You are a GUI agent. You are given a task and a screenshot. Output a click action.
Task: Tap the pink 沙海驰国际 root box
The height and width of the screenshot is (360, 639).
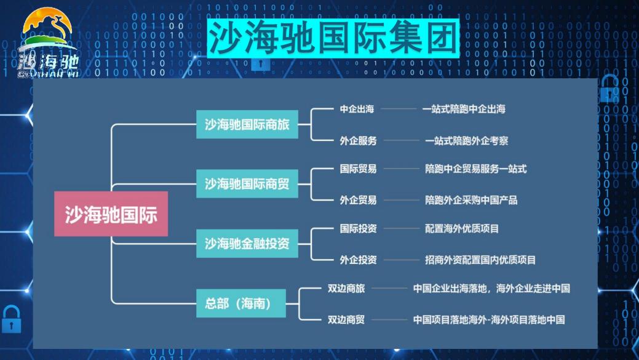click(111, 214)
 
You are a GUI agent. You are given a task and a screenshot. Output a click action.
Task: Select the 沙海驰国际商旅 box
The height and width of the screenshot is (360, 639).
click(247, 124)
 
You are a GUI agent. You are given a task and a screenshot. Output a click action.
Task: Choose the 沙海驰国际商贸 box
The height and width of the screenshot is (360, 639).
click(247, 184)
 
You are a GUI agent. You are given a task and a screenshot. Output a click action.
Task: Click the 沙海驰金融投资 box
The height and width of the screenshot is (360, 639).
click(247, 244)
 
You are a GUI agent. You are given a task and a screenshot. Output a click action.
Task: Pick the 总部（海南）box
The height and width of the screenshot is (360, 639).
click(241, 303)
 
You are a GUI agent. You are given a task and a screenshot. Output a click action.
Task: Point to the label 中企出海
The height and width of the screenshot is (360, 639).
click(357, 109)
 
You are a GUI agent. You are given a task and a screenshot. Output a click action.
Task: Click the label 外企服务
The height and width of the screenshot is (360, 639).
click(358, 141)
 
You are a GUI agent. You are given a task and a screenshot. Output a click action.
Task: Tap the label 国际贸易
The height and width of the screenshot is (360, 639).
click(358, 169)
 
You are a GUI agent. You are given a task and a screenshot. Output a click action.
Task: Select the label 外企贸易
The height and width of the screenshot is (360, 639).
click(358, 200)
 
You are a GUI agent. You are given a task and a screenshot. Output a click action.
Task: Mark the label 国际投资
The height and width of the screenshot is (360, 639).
click(358, 228)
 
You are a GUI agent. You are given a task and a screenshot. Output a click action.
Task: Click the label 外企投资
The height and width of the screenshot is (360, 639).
click(358, 260)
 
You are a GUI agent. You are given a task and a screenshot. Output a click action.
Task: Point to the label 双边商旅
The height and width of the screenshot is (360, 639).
click(346, 288)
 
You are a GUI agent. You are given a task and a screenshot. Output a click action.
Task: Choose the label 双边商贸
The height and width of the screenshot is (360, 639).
click(346, 319)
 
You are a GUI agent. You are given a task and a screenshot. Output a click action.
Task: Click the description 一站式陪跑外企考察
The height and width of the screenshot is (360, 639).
click(467, 141)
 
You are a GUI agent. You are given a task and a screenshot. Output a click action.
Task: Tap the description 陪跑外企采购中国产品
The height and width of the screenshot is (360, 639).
click(471, 200)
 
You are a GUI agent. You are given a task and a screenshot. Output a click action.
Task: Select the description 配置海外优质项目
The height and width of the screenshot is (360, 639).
click(462, 228)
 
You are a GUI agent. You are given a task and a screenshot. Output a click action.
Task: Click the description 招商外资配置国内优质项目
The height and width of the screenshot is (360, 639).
click(480, 260)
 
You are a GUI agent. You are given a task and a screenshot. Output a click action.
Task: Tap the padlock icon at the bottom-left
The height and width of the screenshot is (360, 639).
click(12, 319)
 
